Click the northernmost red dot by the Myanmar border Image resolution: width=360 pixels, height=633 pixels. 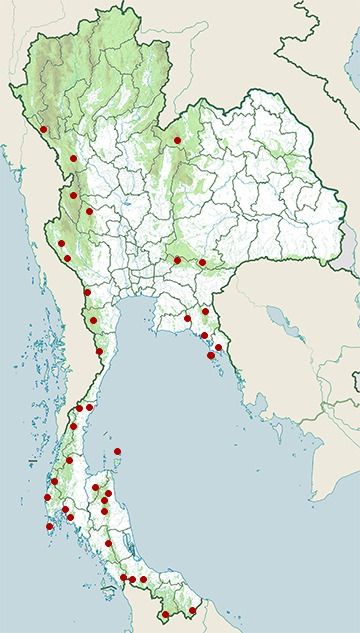(x=43, y=129)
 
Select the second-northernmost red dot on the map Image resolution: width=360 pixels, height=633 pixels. (x=177, y=141)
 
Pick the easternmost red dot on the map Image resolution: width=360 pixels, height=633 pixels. (x=219, y=348)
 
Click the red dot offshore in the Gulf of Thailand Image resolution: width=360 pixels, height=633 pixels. (x=118, y=451)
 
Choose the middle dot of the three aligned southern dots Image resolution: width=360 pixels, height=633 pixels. (x=132, y=580)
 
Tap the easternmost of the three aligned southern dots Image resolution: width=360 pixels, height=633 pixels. (x=143, y=579)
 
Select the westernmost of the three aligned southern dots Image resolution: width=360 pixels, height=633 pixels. (x=123, y=578)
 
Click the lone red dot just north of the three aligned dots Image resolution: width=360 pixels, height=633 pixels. (x=109, y=543)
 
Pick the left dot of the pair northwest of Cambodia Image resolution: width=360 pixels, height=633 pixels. (x=177, y=260)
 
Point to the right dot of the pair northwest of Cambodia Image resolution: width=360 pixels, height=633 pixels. (x=202, y=263)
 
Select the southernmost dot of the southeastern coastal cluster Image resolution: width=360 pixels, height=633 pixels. (x=211, y=355)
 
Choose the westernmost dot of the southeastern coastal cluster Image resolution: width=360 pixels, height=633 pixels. (x=187, y=319)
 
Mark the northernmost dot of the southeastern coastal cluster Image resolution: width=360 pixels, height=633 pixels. (x=205, y=312)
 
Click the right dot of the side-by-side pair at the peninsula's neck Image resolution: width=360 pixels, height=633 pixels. (x=90, y=407)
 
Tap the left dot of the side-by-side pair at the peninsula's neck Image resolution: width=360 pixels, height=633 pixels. (x=79, y=408)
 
